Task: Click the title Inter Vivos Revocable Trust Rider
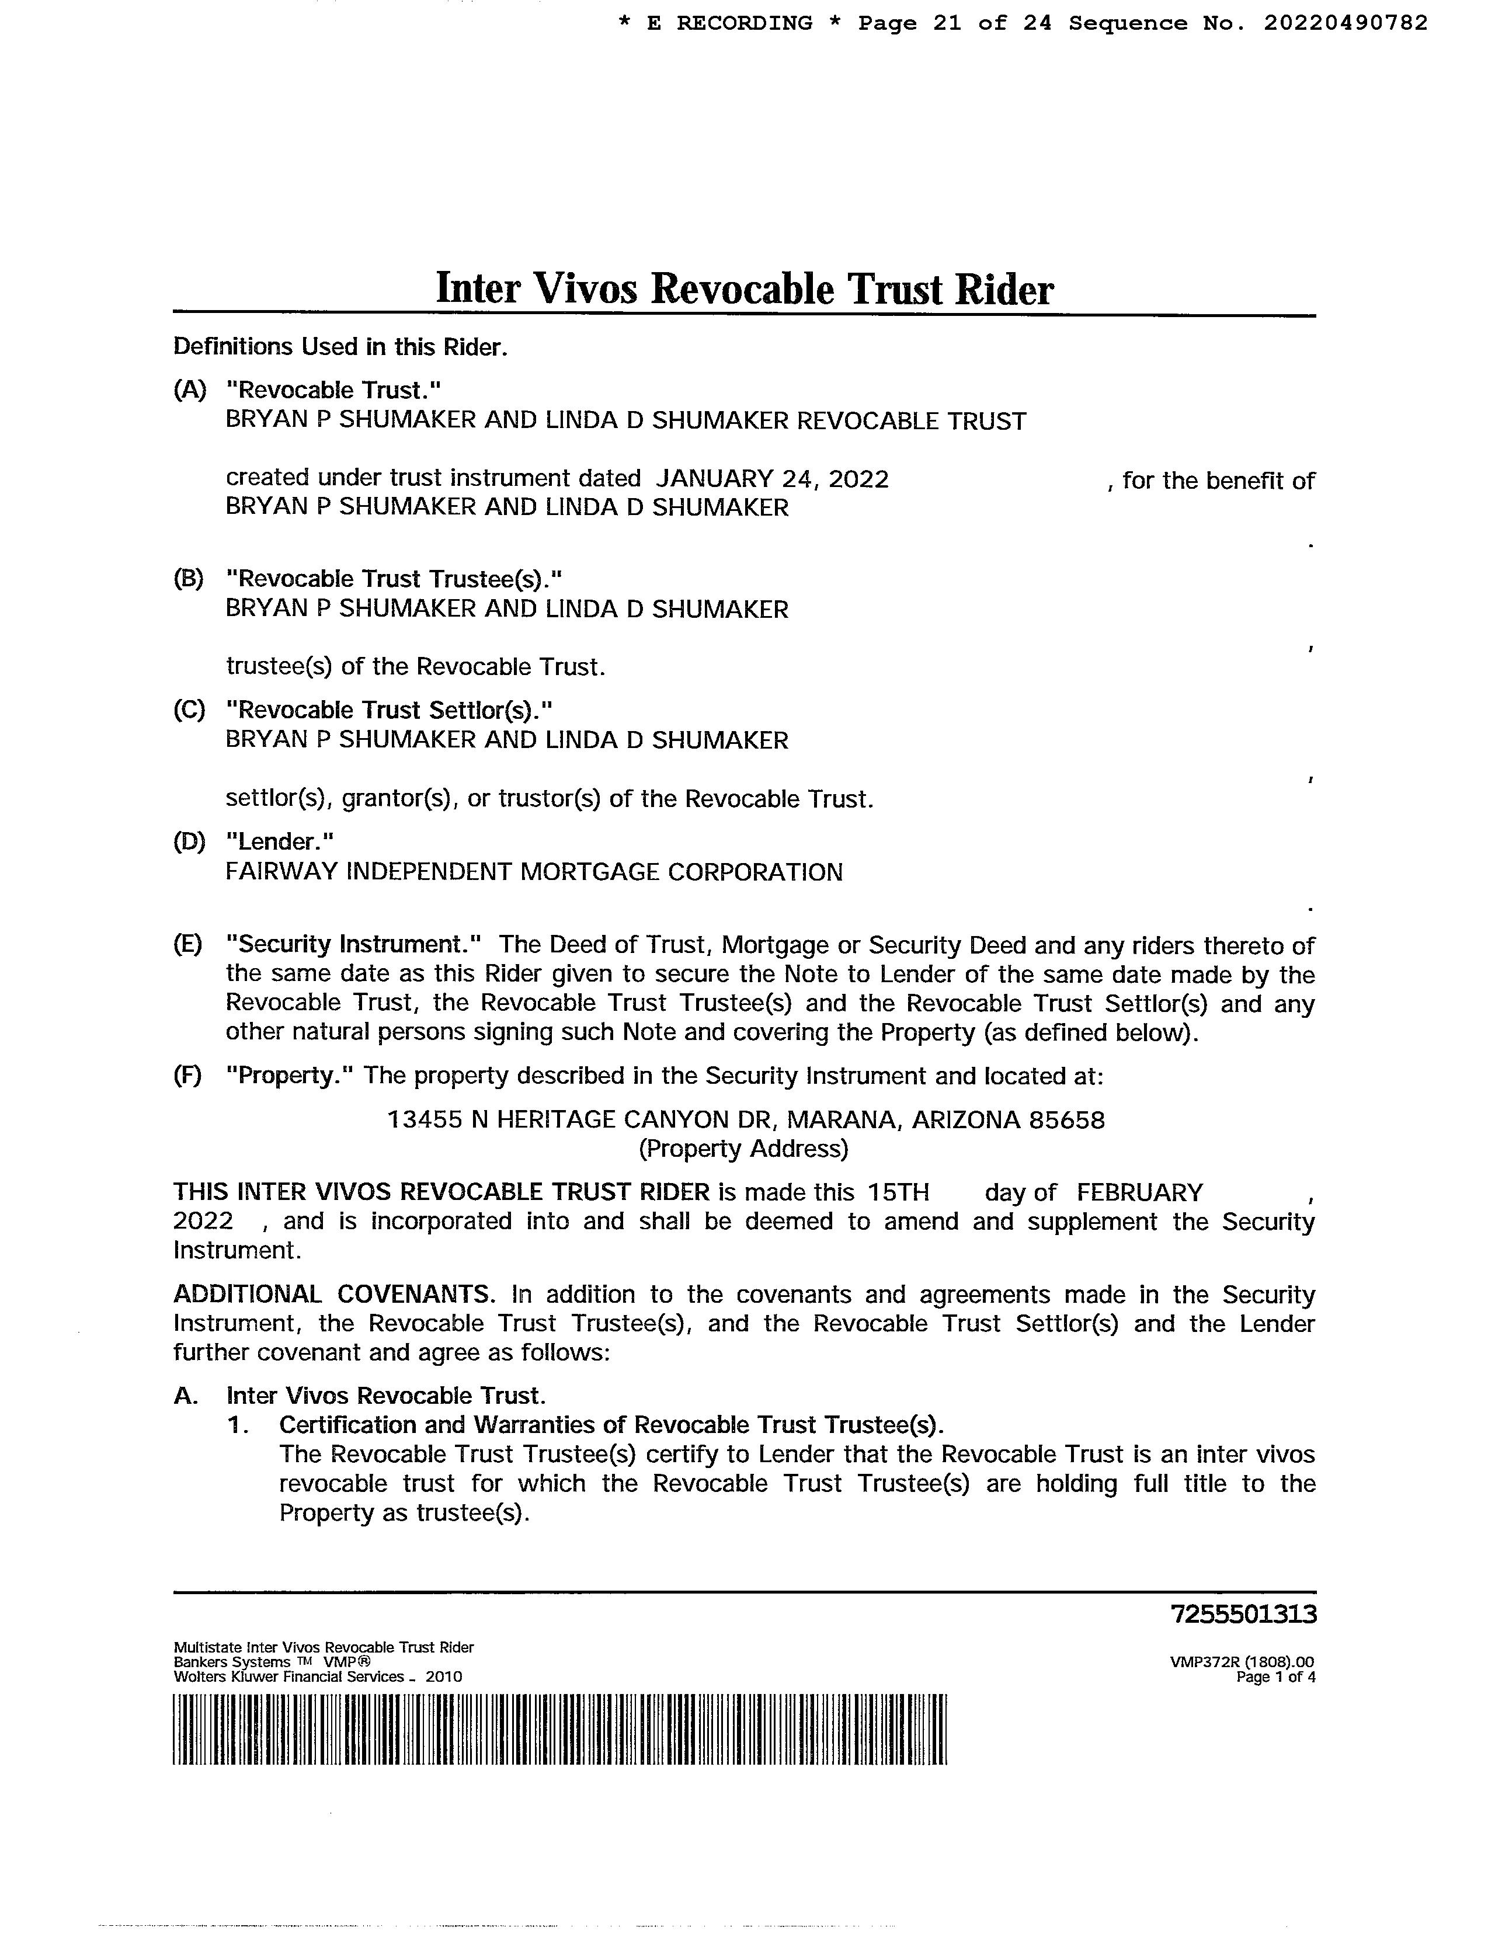point(744,288)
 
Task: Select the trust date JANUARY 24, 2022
point(772,479)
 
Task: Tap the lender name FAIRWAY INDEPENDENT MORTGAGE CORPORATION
point(534,872)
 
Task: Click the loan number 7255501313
point(1243,1615)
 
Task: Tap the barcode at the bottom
point(559,1730)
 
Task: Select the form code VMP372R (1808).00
point(1242,1662)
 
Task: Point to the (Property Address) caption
point(744,1149)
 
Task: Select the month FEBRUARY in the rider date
point(1140,1193)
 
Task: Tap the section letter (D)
point(189,841)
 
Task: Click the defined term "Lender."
point(280,841)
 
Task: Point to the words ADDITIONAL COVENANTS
point(333,1295)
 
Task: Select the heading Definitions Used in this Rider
point(340,347)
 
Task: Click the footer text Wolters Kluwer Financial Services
point(288,1677)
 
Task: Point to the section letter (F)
point(188,1076)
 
